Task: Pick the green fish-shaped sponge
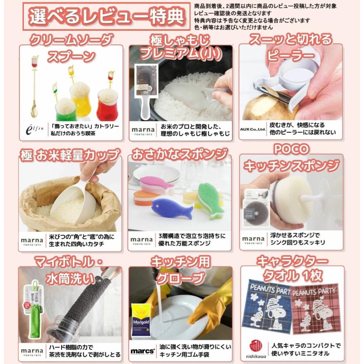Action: pos(210,200)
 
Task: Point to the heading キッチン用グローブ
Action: pos(180,270)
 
